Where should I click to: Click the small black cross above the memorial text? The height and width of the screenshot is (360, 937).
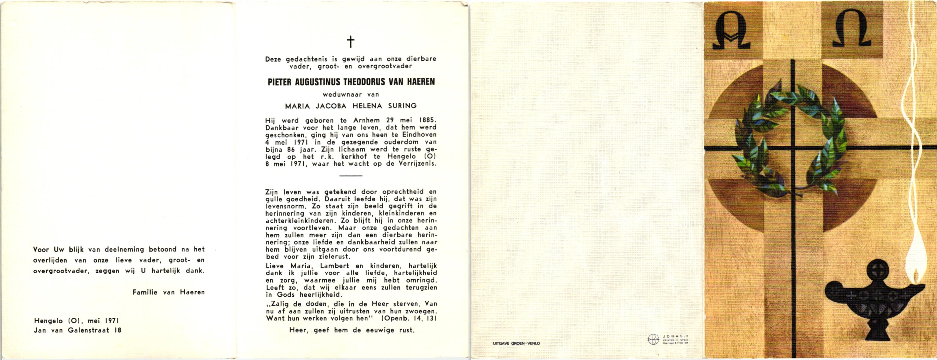(350, 42)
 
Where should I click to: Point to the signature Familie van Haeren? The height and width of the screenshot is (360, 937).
(168, 292)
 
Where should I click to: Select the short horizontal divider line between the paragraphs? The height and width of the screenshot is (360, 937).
(351, 175)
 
